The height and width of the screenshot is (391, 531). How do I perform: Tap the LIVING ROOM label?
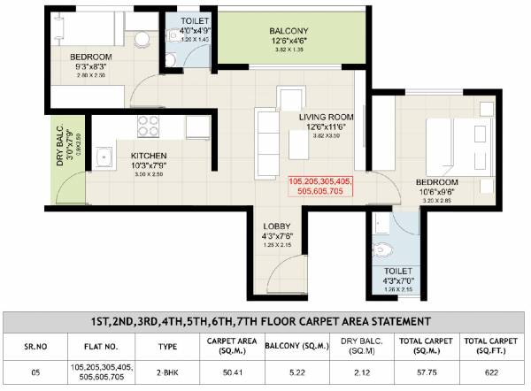(x=326, y=117)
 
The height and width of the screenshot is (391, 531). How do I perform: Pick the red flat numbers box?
(x=319, y=187)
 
